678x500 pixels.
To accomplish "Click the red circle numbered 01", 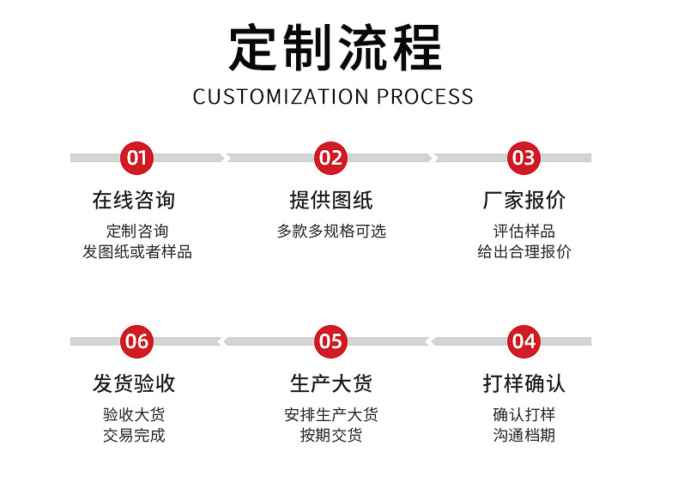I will (x=137, y=158).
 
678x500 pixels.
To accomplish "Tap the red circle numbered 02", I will (x=330, y=158).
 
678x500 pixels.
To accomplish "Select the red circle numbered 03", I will (x=524, y=158).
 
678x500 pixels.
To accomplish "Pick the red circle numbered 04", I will (x=524, y=341).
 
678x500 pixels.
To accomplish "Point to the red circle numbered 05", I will (x=330, y=341).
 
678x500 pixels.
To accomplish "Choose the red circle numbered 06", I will (x=137, y=341).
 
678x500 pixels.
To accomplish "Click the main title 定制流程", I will (x=336, y=47).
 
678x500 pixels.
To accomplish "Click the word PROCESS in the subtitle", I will (x=425, y=96).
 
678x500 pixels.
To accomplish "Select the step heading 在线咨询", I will (x=134, y=200).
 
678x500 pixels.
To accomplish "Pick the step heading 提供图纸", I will (x=331, y=200).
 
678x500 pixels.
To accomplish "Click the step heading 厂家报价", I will (x=524, y=200).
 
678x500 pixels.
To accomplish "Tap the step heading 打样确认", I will (x=524, y=383).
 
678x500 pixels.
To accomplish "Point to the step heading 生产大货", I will (x=331, y=383).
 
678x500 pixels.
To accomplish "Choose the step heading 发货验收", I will (x=134, y=383).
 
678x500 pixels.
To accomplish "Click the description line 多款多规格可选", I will (x=331, y=231).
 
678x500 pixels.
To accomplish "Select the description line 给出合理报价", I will (x=524, y=251).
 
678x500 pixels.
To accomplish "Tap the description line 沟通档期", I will (x=524, y=435).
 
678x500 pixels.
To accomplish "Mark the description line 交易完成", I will (x=134, y=435).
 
